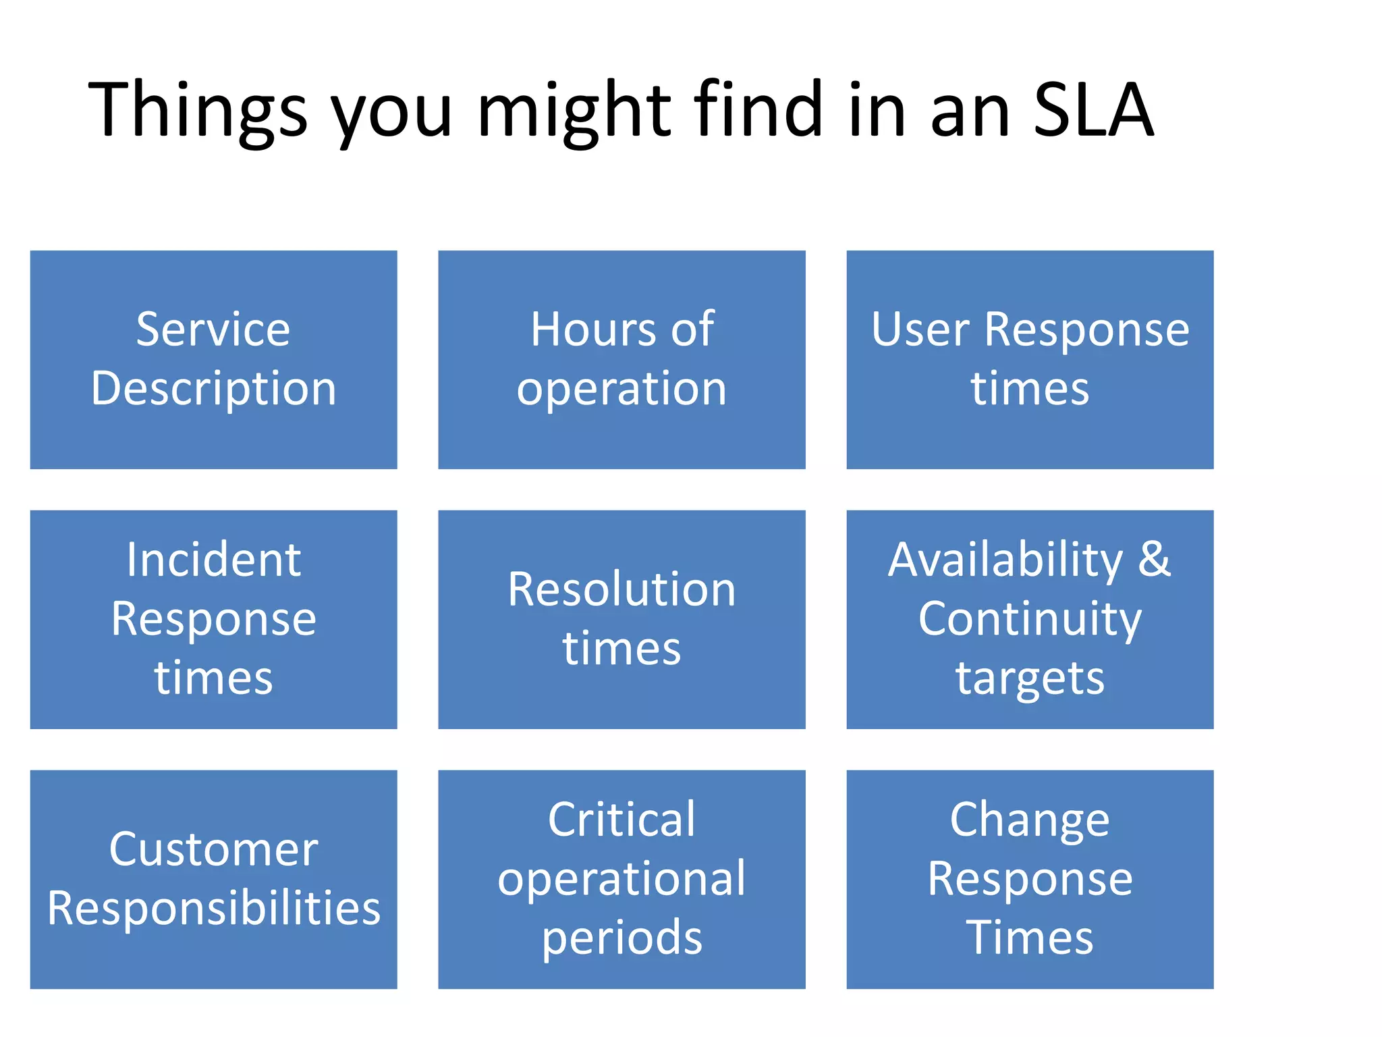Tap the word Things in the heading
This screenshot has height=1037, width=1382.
(x=197, y=110)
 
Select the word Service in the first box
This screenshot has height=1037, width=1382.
(x=213, y=329)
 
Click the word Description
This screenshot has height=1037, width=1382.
(x=213, y=389)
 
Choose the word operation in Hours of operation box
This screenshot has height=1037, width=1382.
(x=621, y=390)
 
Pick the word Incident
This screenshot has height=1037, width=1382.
(x=213, y=560)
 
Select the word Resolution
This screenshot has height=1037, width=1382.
(x=621, y=589)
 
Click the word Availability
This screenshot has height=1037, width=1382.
(x=1005, y=560)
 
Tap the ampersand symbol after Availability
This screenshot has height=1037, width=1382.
(x=1155, y=560)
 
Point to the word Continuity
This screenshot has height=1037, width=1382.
(x=1030, y=619)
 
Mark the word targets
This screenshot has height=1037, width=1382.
(x=1030, y=678)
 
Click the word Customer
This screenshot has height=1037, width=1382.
(x=213, y=849)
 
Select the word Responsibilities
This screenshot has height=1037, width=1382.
(x=213, y=908)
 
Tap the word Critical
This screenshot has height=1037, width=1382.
(x=621, y=820)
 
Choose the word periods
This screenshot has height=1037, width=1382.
(x=621, y=938)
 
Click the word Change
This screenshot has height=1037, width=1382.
(x=1030, y=820)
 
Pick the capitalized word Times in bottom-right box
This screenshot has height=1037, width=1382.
(x=1030, y=938)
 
